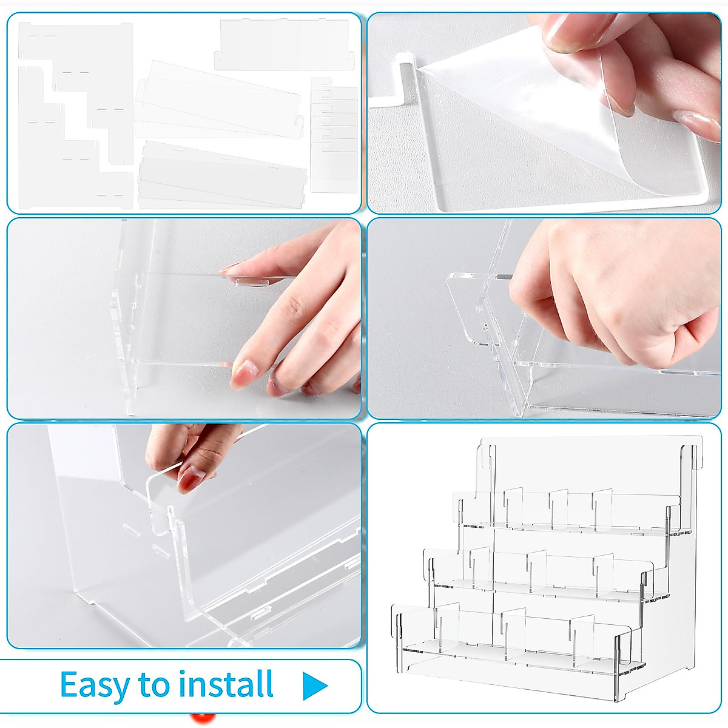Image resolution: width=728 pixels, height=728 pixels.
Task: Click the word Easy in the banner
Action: (94, 686)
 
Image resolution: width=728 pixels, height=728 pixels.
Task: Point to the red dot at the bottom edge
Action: (202, 720)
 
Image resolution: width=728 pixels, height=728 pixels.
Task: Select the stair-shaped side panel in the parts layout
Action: (73, 115)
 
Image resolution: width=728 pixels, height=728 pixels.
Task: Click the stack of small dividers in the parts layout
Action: (334, 133)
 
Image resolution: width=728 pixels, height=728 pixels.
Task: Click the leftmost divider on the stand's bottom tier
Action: (440, 628)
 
